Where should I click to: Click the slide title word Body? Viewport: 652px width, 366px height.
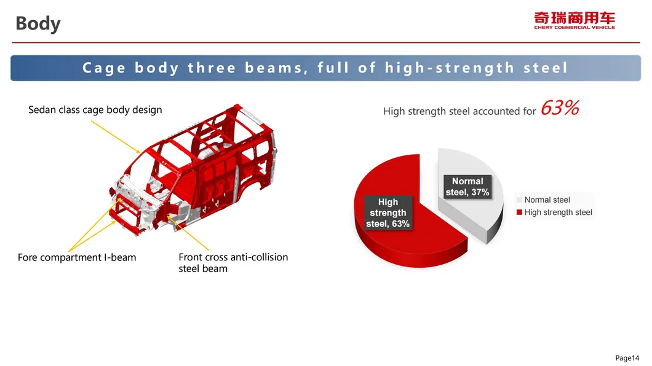38,23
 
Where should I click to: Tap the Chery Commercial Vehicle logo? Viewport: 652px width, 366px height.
574,20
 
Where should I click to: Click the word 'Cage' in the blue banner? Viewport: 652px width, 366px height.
103,68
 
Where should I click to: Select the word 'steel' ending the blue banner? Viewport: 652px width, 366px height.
545,68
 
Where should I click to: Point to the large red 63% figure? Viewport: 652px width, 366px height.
560,108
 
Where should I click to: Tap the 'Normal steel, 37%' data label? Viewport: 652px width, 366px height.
467,187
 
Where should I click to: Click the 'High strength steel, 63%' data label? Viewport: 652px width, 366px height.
388,213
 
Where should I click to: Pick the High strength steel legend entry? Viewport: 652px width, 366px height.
554,212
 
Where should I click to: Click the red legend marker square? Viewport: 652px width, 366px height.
519,212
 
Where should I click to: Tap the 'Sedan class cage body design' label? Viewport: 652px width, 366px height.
95,110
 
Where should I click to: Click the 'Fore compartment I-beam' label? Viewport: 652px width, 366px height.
77,257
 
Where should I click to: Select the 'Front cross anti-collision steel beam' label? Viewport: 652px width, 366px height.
233,263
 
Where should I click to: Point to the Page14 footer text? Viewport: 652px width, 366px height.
627,357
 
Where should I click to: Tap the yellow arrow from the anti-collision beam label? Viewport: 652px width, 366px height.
188,233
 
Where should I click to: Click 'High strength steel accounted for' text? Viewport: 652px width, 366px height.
459,111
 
